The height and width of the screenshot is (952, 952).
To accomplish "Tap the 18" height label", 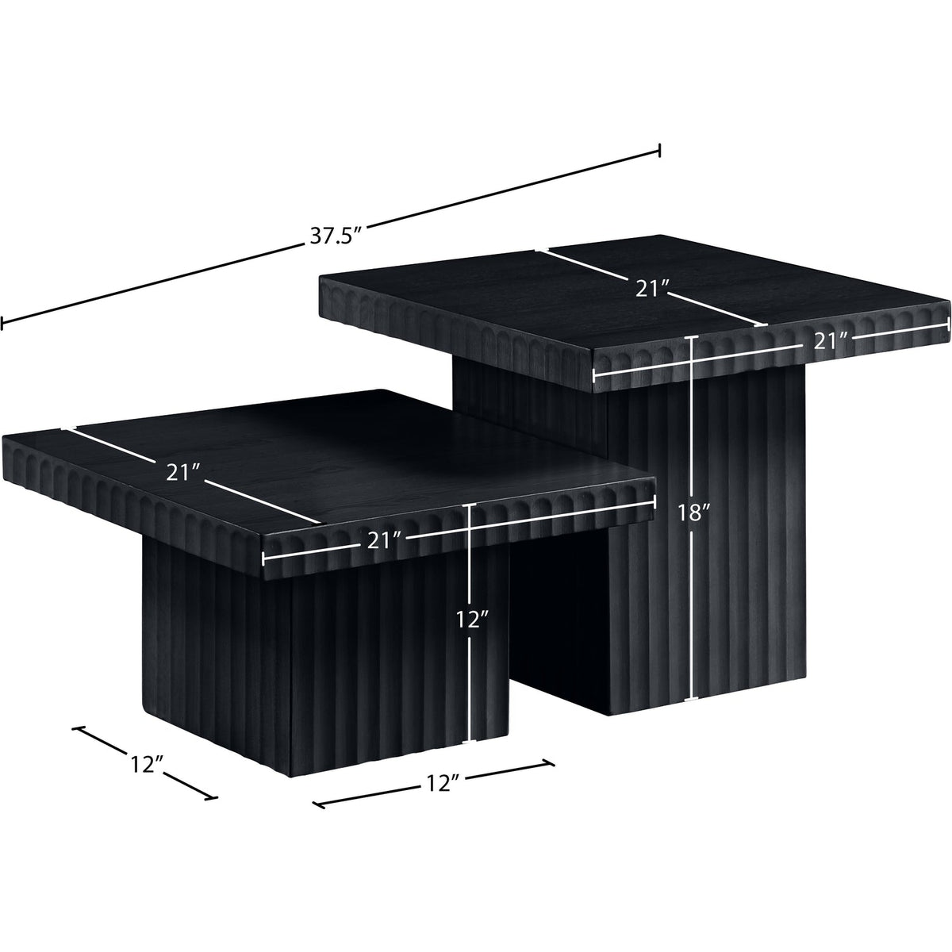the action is click(693, 513).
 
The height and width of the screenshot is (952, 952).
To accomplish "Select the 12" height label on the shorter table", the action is click(472, 619).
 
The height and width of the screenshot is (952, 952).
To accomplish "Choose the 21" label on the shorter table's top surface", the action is click(182, 474).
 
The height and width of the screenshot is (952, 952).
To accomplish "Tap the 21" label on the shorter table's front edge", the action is click(384, 542).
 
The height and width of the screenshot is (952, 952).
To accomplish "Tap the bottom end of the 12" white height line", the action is click(470, 754).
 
